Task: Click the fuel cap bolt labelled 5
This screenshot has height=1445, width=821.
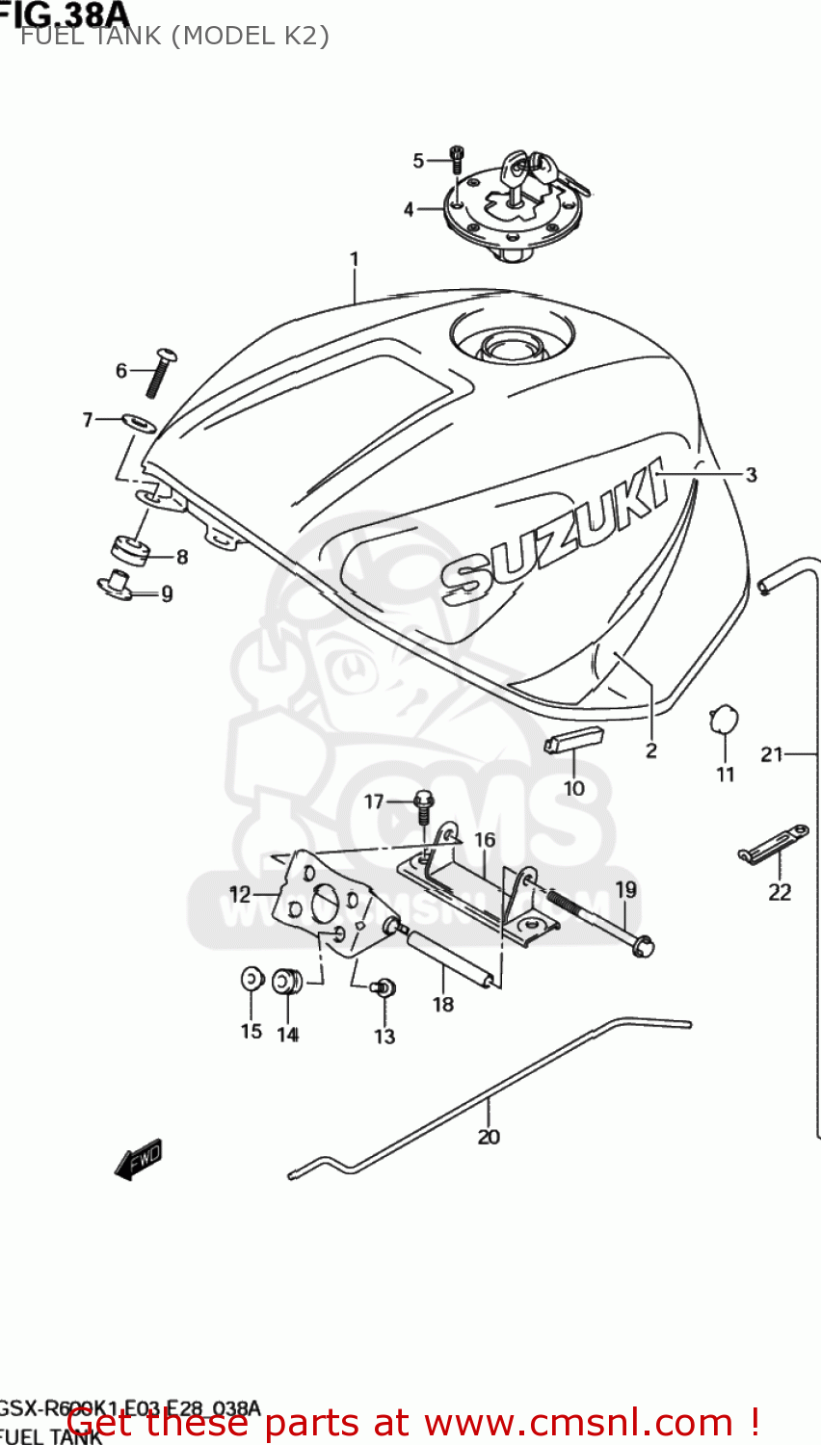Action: [457, 160]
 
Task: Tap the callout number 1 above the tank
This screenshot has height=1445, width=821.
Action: [354, 259]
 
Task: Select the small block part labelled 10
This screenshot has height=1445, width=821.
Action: [573, 739]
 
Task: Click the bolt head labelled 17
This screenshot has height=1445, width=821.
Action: [423, 800]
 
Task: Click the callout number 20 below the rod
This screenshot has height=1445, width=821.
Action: [489, 1137]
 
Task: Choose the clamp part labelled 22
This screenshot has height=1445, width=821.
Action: [773, 846]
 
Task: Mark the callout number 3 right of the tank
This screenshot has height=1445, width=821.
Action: [751, 475]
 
